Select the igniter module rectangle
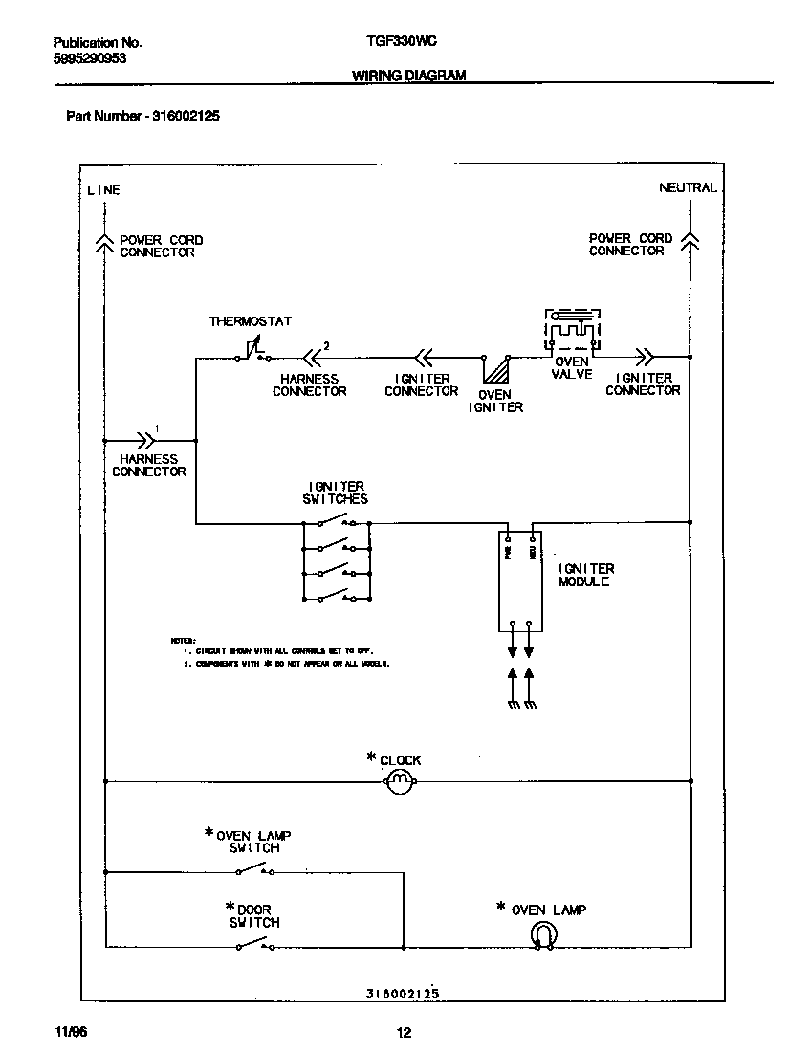pos(519,581)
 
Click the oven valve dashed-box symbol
pos(572,330)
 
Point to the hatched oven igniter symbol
pos(495,371)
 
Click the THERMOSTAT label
pos(251,322)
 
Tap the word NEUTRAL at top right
pos(687,188)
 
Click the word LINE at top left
pos(103,190)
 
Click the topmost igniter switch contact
pos(336,522)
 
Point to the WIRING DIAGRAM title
pos(408,75)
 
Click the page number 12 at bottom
pos(404,1032)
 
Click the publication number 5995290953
pos(90,57)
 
